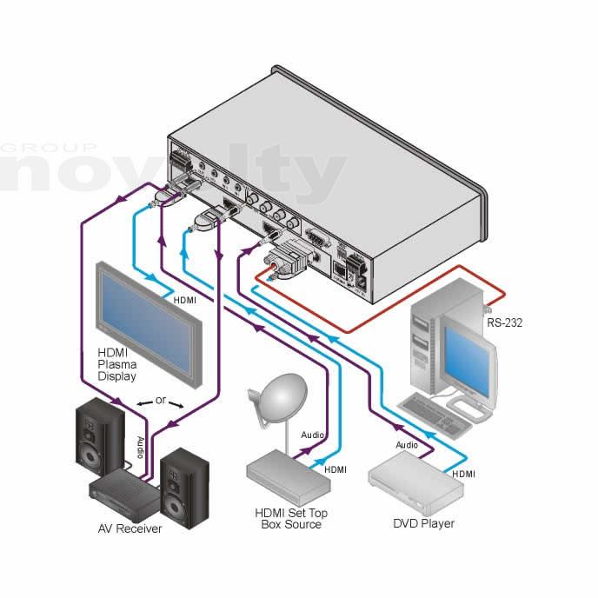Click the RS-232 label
503,322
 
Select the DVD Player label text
424,523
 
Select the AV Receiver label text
130,528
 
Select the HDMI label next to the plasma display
184,300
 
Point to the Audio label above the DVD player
407,444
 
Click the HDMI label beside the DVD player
463,474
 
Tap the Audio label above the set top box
313,434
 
